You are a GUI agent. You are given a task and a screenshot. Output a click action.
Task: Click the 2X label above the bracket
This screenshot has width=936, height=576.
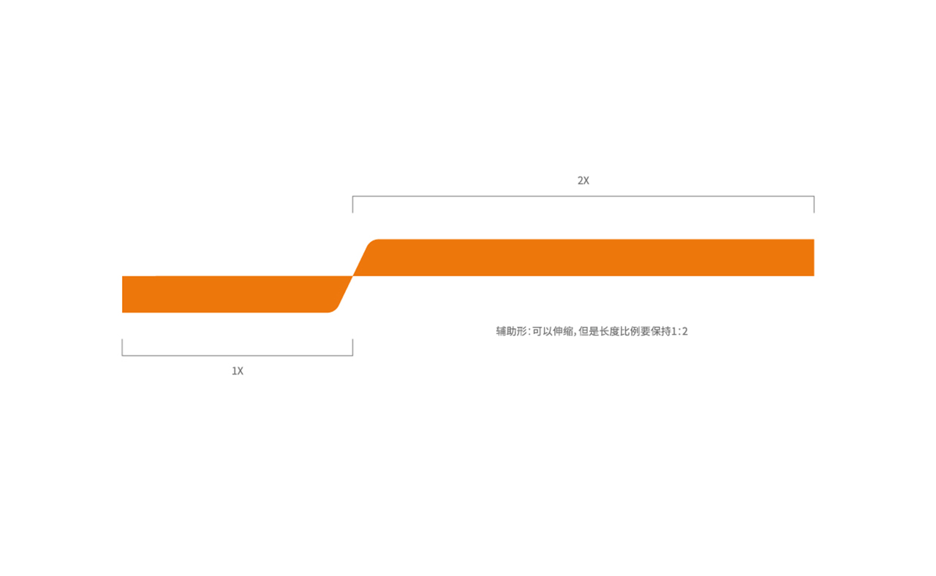[x=584, y=181]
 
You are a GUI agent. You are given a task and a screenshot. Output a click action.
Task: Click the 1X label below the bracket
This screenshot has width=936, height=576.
[x=238, y=371]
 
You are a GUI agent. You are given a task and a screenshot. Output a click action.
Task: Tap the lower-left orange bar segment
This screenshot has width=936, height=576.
[x=230, y=294]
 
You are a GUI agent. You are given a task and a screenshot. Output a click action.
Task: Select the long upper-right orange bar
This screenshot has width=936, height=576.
[x=585, y=257]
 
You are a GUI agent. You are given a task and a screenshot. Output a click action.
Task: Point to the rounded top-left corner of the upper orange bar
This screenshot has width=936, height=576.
[x=372, y=242]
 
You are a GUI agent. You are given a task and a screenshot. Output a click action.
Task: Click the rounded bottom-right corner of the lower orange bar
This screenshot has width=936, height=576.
[x=334, y=309]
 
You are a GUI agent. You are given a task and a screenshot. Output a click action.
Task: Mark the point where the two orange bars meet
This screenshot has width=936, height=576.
[x=352, y=276]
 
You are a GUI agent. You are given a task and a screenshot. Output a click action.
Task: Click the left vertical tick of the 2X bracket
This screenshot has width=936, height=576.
[x=352, y=204]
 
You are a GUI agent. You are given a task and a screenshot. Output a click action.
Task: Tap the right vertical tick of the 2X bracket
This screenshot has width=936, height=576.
[x=814, y=204]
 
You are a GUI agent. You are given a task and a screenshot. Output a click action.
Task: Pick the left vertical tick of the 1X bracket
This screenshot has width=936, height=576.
[x=122, y=347]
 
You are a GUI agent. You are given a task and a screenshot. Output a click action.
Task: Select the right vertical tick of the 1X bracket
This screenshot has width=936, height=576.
[x=352, y=347]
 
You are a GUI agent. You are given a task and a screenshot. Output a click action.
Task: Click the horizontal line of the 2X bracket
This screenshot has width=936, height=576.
[x=584, y=196]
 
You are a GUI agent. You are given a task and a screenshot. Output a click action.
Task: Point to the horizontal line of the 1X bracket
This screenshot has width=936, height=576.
[x=238, y=355]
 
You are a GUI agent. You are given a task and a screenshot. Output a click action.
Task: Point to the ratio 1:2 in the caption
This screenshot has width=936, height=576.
[x=679, y=331]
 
